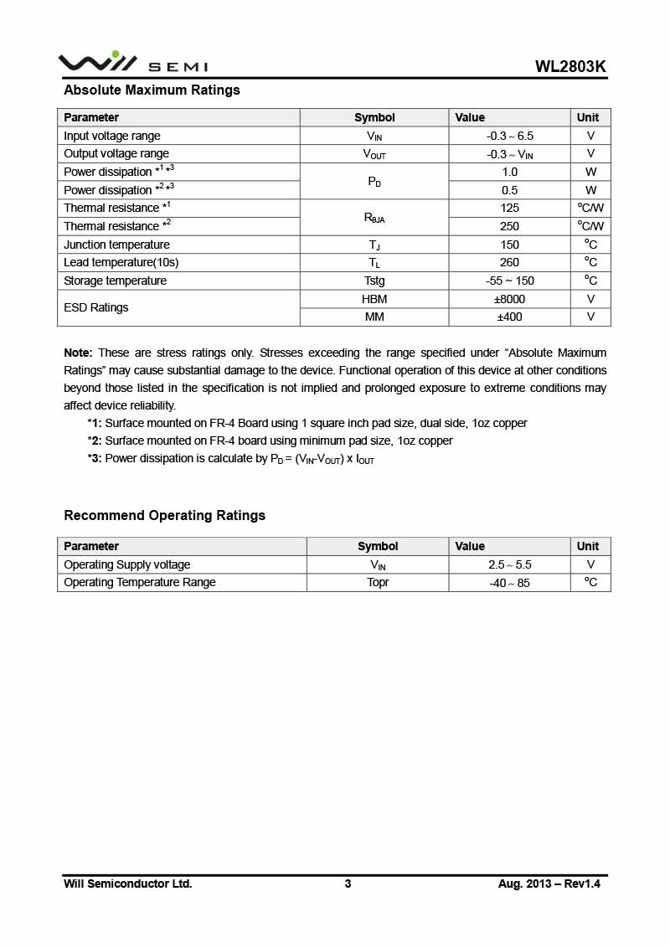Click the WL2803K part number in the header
(570, 67)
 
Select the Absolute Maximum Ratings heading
(152, 90)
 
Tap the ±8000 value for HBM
(509, 299)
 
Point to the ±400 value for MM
(509, 317)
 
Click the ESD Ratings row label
(96, 307)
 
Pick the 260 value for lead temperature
(509, 262)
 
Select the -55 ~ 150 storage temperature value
(509, 281)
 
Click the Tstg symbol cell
(374, 281)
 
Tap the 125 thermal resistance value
(509, 208)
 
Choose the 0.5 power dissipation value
(509, 190)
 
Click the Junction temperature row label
(116, 245)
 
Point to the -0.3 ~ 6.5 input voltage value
(509, 136)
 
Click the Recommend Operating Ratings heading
(164, 516)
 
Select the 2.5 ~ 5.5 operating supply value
(509, 564)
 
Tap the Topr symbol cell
(378, 582)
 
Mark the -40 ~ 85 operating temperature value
(509, 583)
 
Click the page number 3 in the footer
(348, 884)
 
